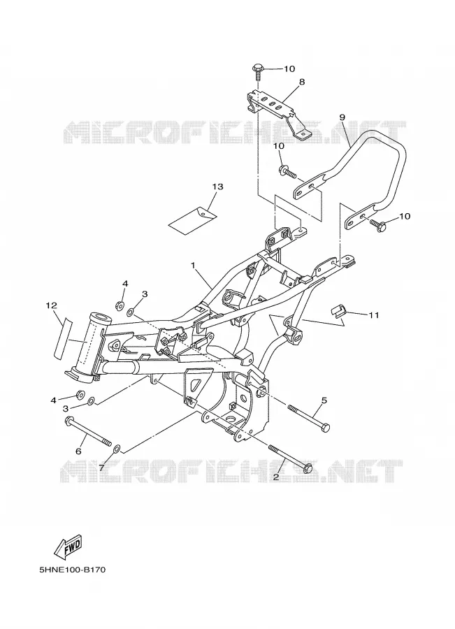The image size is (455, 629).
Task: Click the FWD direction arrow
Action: (x=68, y=547)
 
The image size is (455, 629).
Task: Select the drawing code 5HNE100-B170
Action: (x=73, y=570)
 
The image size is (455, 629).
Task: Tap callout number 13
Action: (x=218, y=187)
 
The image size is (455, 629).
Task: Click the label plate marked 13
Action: (x=193, y=219)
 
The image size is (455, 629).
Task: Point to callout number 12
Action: (x=51, y=305)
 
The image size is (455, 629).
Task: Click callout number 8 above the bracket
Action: (x=302, y=82)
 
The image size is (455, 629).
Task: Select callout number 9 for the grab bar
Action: (x=342, y=117)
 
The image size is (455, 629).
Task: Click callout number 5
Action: (x=324, y=400)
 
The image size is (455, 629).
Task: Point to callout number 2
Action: (x=276, y=477)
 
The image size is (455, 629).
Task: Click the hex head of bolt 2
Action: (x=307, y=468)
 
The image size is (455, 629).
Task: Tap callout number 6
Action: (x=79, y=451)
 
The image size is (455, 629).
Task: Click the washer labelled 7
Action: (x=117, y=448)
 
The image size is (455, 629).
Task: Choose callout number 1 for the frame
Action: (x=193, y=265)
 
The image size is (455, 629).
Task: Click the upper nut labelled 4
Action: (x=119, y=306)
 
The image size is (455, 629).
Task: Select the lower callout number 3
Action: (x=66, y=408)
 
